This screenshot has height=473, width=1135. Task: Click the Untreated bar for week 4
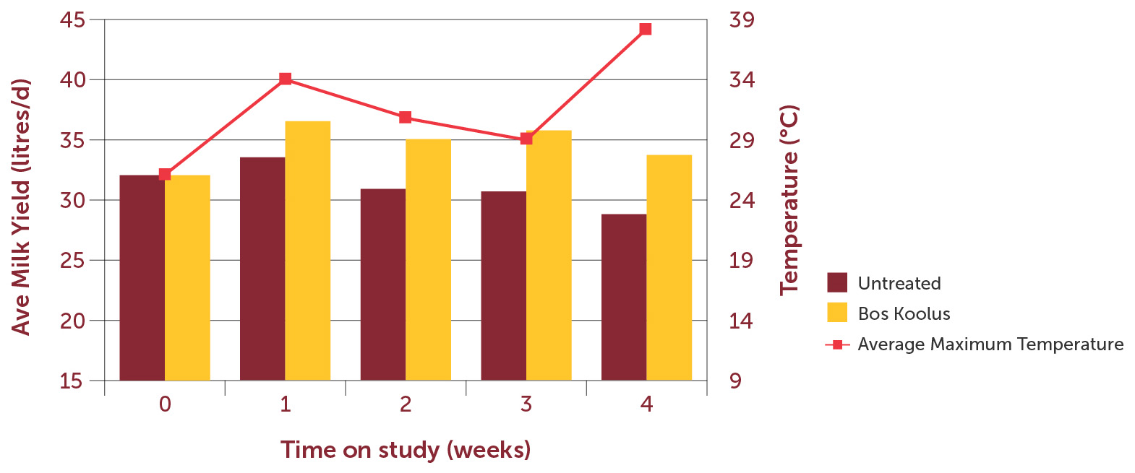[623, 297]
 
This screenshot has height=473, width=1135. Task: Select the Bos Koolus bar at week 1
[307, 251]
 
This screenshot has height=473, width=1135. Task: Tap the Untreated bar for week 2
[382, 285]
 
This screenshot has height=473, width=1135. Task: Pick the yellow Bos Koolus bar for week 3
[549, 255]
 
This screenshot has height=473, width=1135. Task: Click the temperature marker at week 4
[646, 30]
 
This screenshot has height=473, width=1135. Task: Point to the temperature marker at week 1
[285, 79]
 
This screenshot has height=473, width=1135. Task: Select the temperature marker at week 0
[165, 174]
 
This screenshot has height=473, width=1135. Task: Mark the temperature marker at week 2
[406, 118]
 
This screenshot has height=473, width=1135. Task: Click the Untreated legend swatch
[837, 282]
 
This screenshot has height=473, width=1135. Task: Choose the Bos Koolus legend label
[904, 313]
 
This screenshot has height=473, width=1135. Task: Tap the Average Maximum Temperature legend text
[990, 344]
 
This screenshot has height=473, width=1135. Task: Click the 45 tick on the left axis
[72, 19]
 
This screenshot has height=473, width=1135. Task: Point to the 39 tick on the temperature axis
[742, 19]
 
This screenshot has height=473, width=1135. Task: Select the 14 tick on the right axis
[742, 321]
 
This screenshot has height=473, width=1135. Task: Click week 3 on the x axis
[526, 404]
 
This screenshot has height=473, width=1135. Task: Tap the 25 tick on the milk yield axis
[72, 260]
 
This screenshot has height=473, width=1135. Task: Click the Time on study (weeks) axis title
[406, 449]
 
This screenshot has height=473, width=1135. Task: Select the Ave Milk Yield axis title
[22, 207]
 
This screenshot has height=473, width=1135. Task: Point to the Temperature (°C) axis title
[789, 201]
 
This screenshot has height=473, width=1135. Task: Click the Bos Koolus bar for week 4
[669, 267]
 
